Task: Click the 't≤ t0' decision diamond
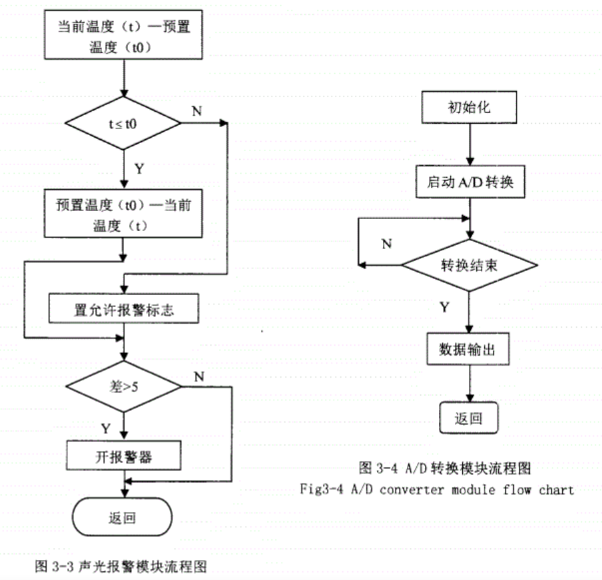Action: point(123,123)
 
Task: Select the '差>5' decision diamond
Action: point(123,386)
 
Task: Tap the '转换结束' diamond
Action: point(470,264)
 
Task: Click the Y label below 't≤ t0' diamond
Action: point(139,168)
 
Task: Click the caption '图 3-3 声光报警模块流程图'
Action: point(121,567)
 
